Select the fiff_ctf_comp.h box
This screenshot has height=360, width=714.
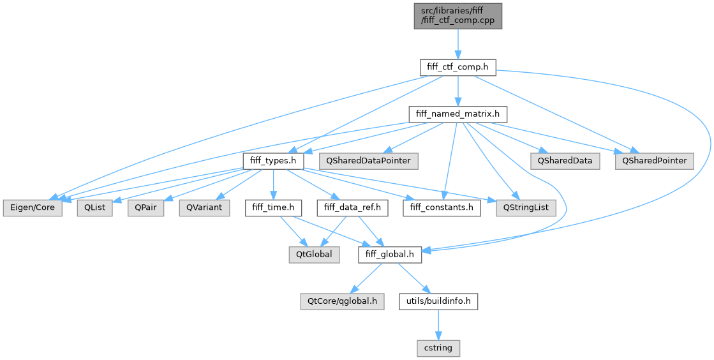(457, 66)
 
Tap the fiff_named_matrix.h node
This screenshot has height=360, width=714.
(457, 114)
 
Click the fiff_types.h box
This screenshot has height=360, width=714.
(273, 161)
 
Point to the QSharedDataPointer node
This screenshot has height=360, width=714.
(369, 161)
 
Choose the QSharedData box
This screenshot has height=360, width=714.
(564, 161)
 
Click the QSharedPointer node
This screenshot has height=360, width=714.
(654, 161)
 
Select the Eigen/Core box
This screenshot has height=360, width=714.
(33, 208)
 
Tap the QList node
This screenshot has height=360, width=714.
(95, 208)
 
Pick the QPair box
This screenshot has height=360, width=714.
(145, 208)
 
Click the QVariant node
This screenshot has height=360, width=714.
(204, 208)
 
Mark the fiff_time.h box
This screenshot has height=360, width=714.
(273, 208)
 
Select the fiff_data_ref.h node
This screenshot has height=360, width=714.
(348, 208)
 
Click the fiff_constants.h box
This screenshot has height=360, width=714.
(441, 208)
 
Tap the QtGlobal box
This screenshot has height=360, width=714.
(313, 255)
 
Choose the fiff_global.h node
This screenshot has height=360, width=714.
(390, 255)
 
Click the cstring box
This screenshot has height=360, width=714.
(438, 349)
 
